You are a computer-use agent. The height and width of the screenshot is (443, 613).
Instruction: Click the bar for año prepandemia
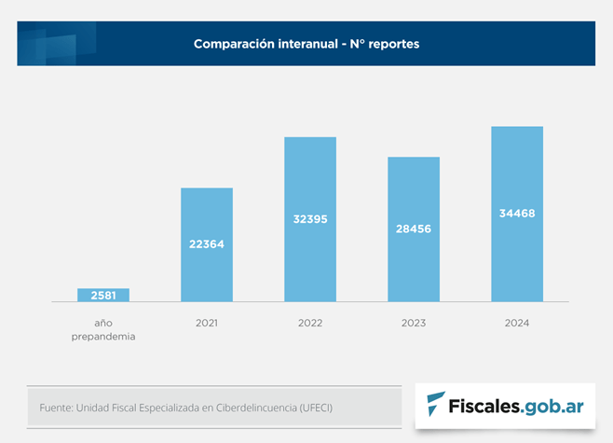(x=103, y=295)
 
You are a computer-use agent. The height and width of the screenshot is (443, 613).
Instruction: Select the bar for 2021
(x=207, y=244)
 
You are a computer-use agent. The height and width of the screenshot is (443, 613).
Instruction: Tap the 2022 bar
(x=310, y=219)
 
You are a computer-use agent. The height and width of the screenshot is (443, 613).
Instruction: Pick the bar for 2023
(x=414, y=229)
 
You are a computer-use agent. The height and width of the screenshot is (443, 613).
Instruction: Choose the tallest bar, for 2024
(x=517, y=214)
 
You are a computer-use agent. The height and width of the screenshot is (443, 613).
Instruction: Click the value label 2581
(x=103, y=296)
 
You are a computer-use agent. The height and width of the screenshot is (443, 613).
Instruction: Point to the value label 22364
(x=207, y=244)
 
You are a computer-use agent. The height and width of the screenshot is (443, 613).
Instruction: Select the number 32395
(x=310, y=219)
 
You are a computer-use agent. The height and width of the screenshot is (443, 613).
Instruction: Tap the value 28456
(x=414, y=228)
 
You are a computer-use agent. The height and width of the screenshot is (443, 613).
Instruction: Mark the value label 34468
(x=517, y=214)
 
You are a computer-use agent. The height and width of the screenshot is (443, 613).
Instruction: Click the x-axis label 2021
(x=207, y=324)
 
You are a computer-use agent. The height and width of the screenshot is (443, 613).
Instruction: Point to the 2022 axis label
(x=310, y=324)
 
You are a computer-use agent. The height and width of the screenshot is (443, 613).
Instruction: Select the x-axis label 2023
(x=414, y=324)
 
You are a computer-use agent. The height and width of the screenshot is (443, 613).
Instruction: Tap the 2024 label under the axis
(x=517, y=324)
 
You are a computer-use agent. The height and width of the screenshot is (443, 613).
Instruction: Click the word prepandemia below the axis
(x=103, y=337)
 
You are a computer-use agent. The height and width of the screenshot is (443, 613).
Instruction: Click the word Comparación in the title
(x=234, y=44)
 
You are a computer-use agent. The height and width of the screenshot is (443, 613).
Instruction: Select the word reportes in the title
(x=394, y=45)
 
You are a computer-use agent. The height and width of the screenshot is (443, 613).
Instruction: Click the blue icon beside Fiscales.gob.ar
(x=435, y=403)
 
